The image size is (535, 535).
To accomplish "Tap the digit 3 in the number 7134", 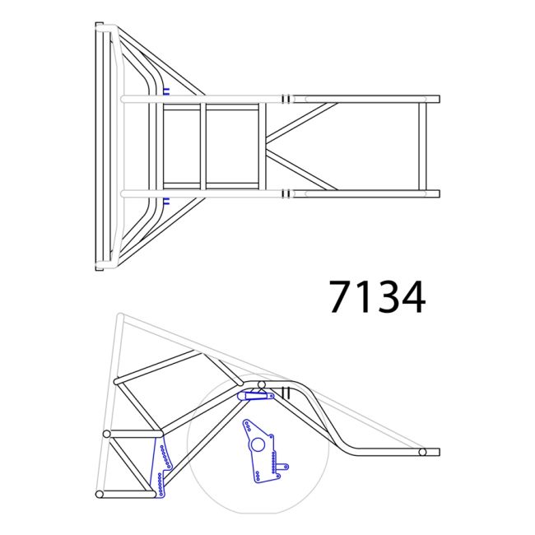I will pyautogui.click(x=387, y=296).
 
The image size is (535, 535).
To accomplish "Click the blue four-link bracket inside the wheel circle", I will pyautogui.click(x=261, y=453).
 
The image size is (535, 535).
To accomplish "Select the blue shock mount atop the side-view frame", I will pyautogui.click(x=255, y=396).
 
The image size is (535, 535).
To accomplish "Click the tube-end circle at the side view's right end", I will pyautogui.click(x=421, y=452).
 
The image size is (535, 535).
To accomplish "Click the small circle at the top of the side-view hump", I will pyautogui.click(x=262, y=384).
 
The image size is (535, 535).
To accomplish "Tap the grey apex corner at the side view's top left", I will pyautogui.click(x=119, y=316).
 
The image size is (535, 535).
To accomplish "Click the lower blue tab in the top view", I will pyautogui.click(x=166, y=202).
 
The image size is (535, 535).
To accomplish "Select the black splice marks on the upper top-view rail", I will pyautogui.click(x=286, y=99).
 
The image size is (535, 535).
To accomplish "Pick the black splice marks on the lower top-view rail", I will pyautogui.click(x=286, y=194).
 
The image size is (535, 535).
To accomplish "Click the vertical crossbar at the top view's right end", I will pyautogui.click(x=422, y=147).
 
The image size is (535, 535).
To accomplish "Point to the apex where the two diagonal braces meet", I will pyautogui.click(x=268, y=147).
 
